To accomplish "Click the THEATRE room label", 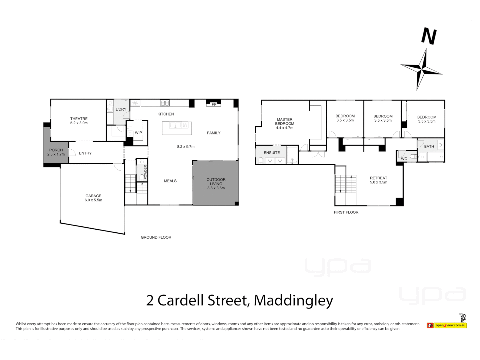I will pyautogui.click(x=79, y=119).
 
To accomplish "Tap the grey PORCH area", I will pyautogui.click(x=56, y=152).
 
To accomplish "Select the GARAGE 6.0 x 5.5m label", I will pyautogui.click(x=93, y=198).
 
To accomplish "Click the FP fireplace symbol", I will pyautogui.click(x=214, y=104).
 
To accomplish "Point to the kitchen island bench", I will pyautogui.click(x=177, y=128).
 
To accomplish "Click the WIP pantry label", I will pyautogui.click(x=138, y=133).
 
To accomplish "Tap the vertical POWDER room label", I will pyautogui.click(x=145, y=172).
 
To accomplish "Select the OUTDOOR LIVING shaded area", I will pyautogui.click(x=216, y=183).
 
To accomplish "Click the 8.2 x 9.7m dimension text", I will pyautogui.click(x=186, y=147).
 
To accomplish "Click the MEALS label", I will pyautogui.click(x=170, y=181).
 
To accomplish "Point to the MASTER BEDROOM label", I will pyautogui.click(x=285, y=122).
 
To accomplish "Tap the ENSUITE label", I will pyautogui.click(x=272, y=153).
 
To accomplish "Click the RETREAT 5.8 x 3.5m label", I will pyautogui.click(x=378, y=180).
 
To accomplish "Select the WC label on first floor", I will pyautogui.click(x=404, y=159).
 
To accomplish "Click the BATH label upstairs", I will pyautogui.click(x=429, y=146).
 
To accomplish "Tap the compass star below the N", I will pyautogui.click(x=422, y=69).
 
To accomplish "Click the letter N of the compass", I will pyautogui.click(x=429, y=36).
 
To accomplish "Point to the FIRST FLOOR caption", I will pyautogui.click(x=346, y=212).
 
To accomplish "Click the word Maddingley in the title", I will pyautogui.click(x=293, y=300).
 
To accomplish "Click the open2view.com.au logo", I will pyautogui.click(x=450, y=325).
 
